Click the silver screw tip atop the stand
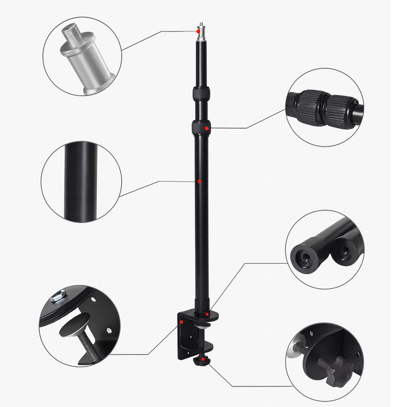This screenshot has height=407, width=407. coord(201,26)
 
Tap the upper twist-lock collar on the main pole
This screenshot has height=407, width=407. coord(201,94)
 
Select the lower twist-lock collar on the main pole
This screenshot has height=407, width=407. coord(201,127)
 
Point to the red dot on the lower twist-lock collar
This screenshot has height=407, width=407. coord(207,129)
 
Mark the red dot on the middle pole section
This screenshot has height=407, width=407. coord(200,181)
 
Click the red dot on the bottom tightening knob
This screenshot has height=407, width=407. coord(203,361)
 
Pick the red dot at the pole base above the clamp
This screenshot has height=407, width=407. coord(207,315)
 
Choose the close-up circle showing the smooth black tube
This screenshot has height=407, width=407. coord(81,181)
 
